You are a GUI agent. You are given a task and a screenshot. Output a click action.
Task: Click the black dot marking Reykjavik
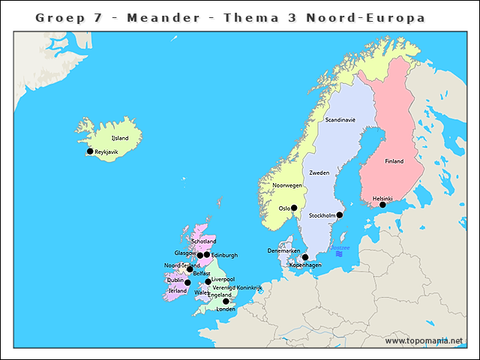90,151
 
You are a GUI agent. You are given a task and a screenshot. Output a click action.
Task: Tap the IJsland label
119,139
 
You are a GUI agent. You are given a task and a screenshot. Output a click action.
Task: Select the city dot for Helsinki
382,205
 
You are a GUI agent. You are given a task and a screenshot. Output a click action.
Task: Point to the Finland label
394,161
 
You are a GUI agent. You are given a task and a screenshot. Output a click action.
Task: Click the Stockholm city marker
339,215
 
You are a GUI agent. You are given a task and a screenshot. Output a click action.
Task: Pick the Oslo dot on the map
294,208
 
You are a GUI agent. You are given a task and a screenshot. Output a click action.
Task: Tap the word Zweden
319,173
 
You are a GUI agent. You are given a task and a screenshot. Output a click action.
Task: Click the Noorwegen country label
287,185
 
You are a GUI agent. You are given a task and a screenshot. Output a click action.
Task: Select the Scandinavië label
340,120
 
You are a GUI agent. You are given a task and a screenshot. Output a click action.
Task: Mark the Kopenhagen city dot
304,257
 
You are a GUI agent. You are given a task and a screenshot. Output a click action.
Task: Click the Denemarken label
283,250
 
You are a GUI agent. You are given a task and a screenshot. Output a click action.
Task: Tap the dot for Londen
226,301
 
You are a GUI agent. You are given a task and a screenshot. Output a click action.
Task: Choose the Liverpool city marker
208,282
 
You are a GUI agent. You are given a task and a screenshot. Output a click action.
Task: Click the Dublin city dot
187,283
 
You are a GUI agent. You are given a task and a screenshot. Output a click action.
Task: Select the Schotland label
203,241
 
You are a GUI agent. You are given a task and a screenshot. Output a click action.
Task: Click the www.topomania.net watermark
424,341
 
